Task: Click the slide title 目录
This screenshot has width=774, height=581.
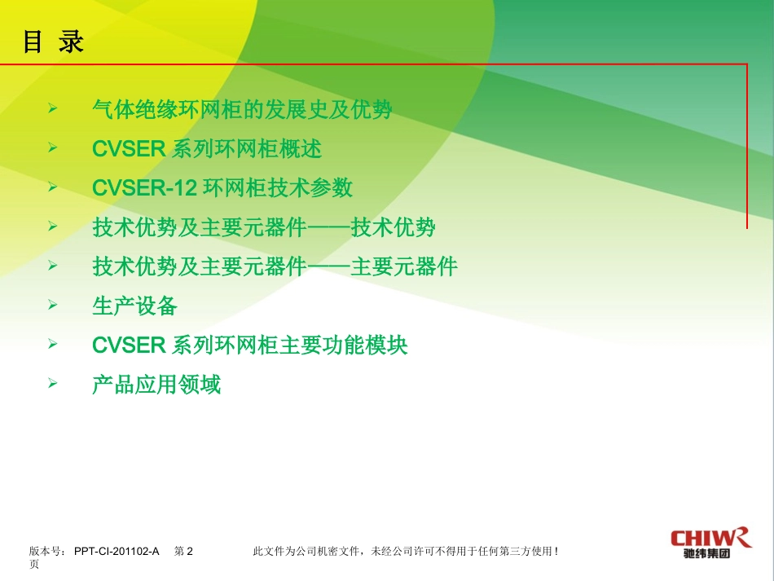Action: pos(53,42)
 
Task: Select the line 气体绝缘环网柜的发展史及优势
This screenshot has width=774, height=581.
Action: pos(242,109)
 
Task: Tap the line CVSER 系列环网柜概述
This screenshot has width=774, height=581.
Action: pos(207,148)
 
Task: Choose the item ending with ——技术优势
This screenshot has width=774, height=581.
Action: pos(264,227)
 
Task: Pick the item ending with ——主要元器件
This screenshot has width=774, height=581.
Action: pos(275,266)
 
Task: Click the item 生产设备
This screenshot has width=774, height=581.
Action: pos(134,306)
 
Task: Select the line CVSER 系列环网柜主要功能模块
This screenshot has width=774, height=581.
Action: pos(250,345)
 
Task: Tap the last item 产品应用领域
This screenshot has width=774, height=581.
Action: pos(156,384)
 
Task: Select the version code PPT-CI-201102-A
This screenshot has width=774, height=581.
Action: pos(116,552)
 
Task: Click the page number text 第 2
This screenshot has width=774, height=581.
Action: pos(183,552)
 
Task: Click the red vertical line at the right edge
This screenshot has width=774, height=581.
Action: pos(747,147)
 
